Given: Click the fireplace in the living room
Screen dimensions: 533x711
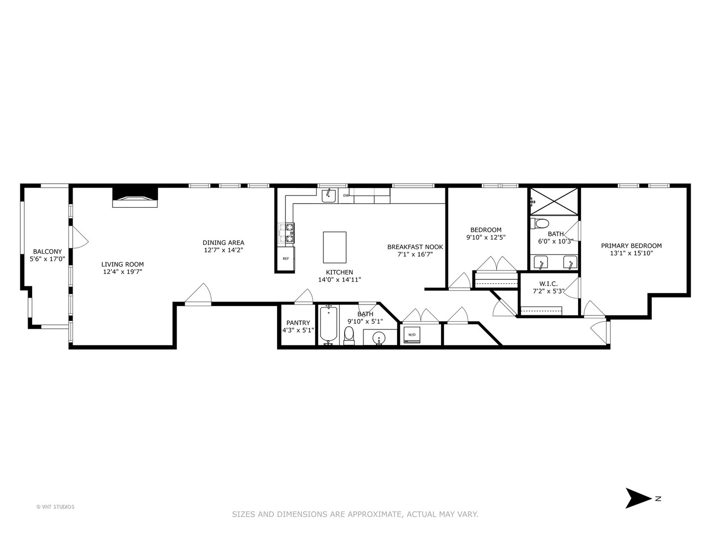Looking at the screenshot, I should [x=135, y=199].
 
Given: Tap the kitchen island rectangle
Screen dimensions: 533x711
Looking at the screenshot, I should [x=334, y=247].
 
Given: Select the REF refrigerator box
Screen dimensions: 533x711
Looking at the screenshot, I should [x=286, y=259].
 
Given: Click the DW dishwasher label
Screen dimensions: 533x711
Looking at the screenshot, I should [x=346, y=195].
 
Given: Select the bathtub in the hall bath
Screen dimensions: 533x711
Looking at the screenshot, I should [x=328, y=325].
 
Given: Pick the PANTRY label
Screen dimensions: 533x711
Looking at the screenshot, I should [x=298, y=323].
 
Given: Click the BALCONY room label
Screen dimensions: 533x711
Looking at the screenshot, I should [x=47, y=252].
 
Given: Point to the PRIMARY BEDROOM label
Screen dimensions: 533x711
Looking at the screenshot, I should [x=631, y=246].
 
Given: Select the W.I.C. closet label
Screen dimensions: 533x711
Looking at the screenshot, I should [x=548, y=284].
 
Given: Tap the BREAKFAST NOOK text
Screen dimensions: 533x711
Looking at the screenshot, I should [x=415, y=247].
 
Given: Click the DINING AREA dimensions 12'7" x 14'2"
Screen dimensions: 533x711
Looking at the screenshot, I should [x=223, y=250].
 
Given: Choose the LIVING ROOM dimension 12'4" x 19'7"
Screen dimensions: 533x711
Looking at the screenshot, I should [x=122, y=271].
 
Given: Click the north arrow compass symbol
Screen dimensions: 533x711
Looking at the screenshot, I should [x=639, y=498].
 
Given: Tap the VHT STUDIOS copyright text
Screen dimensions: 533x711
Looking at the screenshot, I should [x=55, y=507].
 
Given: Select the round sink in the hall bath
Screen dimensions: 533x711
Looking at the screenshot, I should [x=379, y=338].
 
